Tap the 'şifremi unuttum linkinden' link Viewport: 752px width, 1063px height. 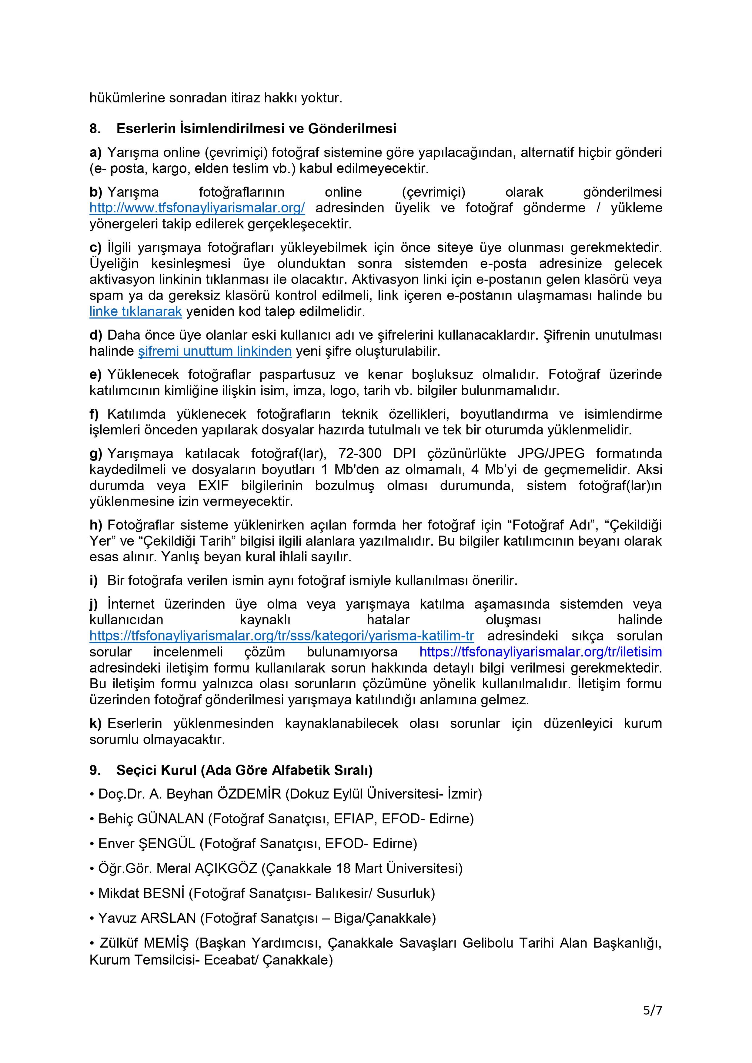coord(215,351)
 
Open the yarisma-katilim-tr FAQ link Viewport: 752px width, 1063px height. coord(281,636)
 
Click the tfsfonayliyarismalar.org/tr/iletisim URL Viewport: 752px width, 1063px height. coord(540,652)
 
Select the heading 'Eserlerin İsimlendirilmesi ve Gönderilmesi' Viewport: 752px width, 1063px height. coord(256,129)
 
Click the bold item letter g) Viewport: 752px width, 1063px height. coord(96,454)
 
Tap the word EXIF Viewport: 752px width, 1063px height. coord(213,486)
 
